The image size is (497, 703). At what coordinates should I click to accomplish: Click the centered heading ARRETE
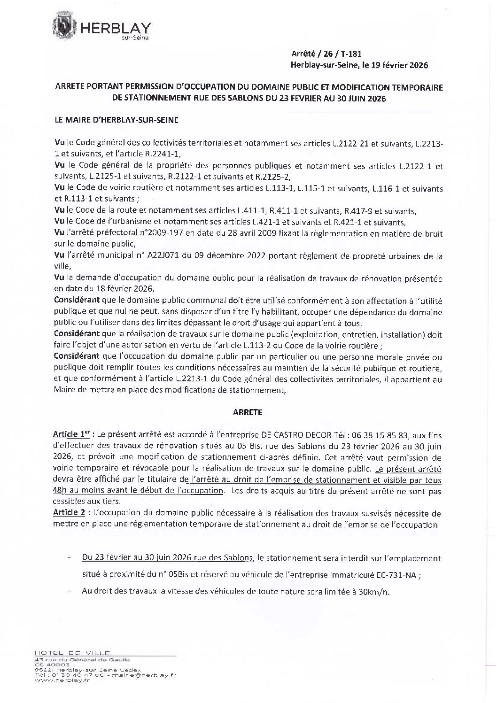pyautogui.click(x=248, y=412)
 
